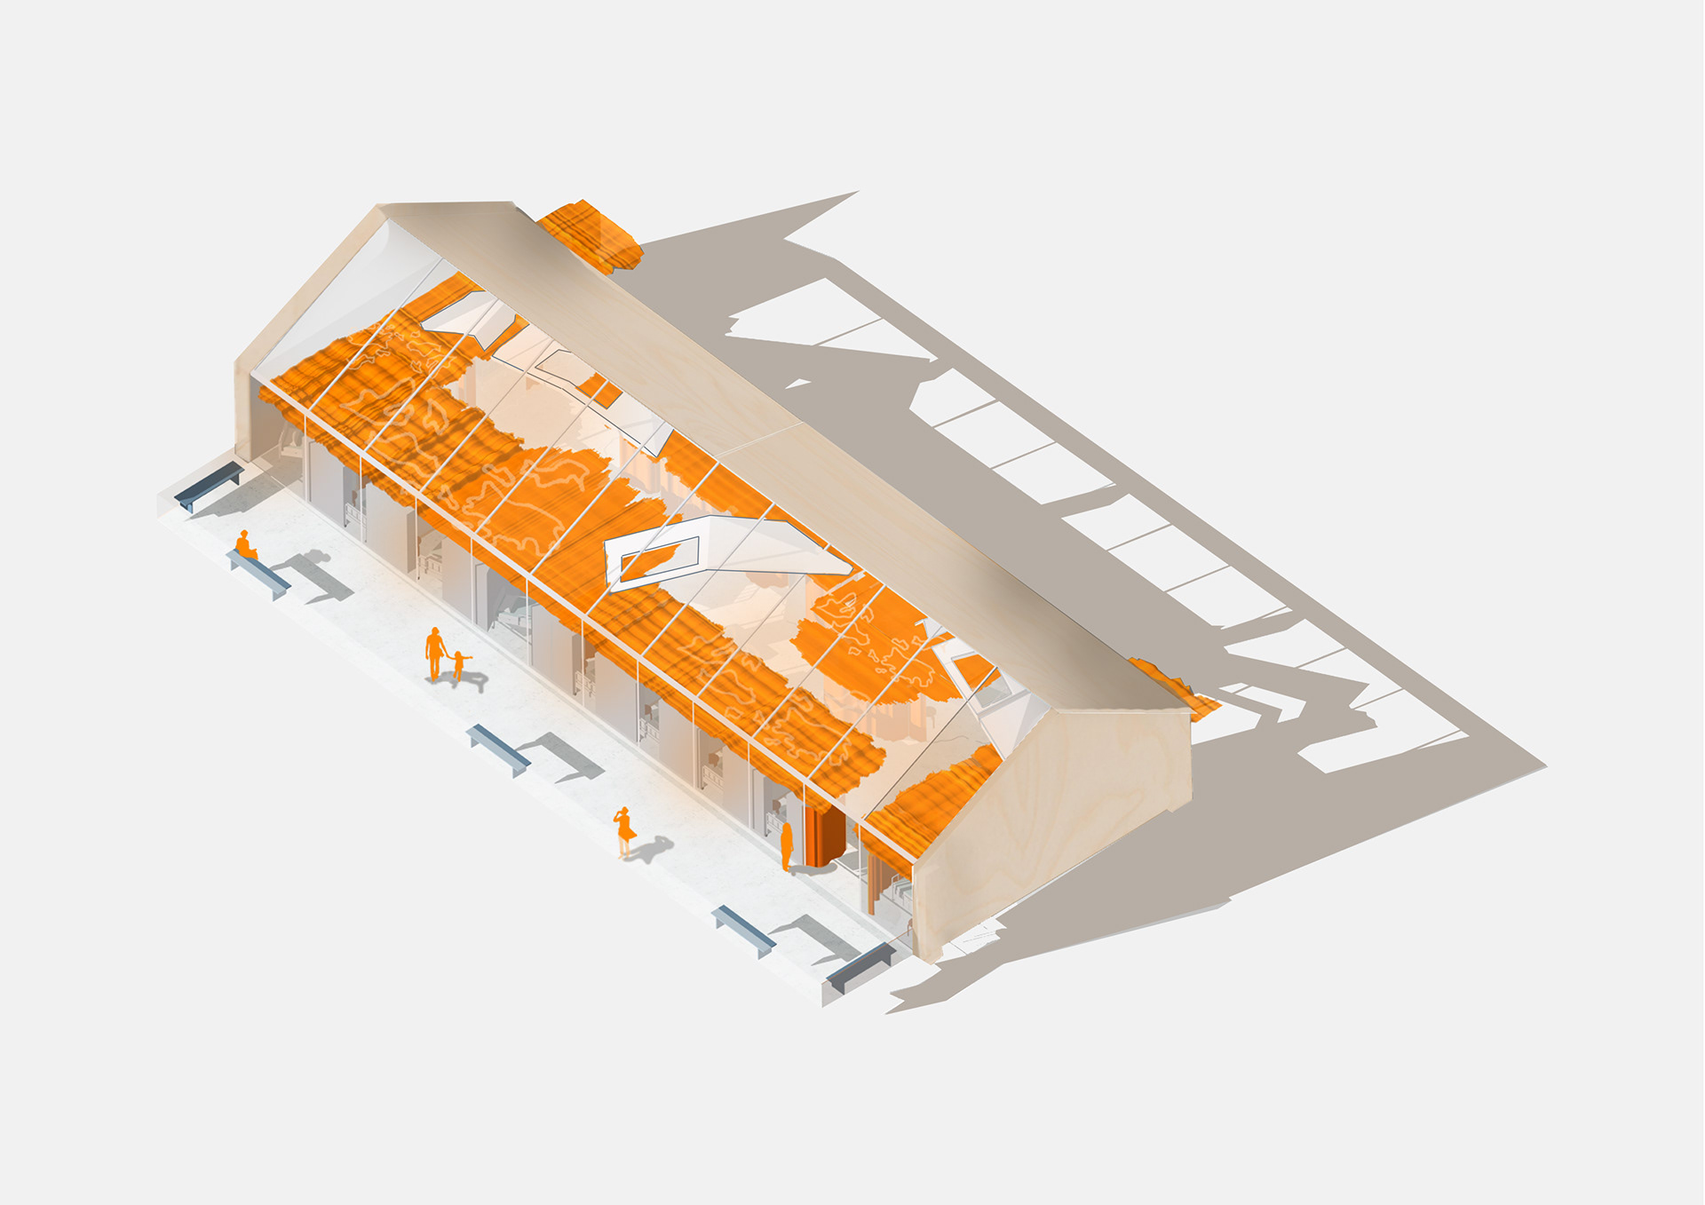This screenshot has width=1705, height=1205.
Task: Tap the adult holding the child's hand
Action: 434,653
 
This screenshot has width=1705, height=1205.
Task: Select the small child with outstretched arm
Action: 459,664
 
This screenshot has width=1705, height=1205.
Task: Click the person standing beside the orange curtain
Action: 786,846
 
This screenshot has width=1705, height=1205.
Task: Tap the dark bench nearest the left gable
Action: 209,486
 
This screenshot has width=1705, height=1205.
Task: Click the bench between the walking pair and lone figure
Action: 498,749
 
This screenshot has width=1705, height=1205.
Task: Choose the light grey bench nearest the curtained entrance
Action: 743,931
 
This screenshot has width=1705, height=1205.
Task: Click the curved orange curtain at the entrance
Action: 829,839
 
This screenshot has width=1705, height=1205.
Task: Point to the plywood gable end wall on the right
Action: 1057,817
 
